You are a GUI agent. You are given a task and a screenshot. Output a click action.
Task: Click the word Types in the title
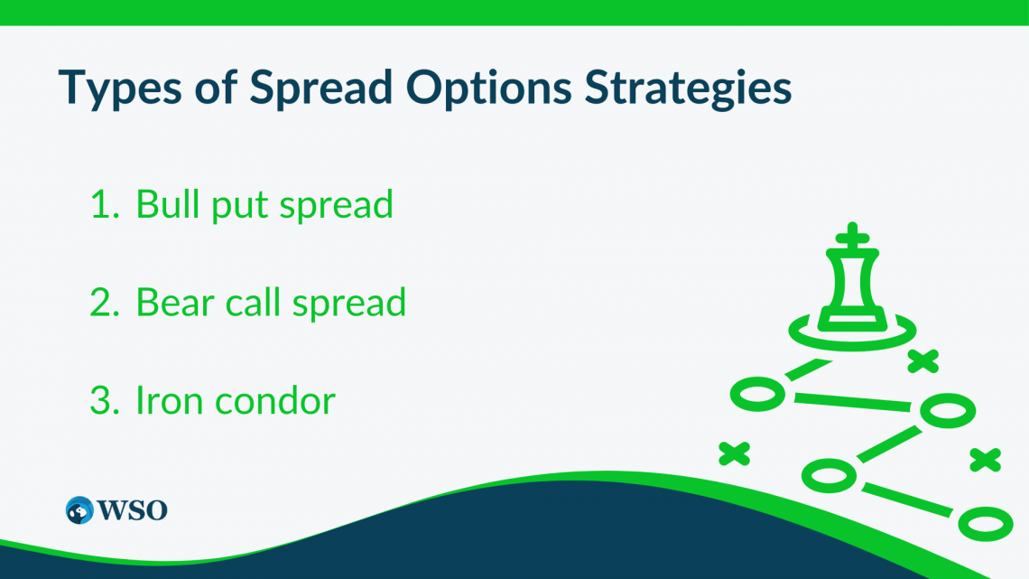pyautogui.click(x=119, y=89)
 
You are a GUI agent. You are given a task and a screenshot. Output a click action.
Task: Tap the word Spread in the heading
pyautogui.click(x=321, y=89)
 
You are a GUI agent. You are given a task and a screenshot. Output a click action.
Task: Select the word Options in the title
pyautogui.click(x=489, y=89)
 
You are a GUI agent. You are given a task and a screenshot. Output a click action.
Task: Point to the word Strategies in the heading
pyautogui.click(x=689, y=89)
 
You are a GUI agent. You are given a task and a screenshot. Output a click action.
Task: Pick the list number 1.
pyautogui.click(x=105, y=204)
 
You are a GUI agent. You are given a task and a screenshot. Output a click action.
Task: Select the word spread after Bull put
pyautogui.click(x=336, y=208)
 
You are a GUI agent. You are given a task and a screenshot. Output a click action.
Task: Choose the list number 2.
pyautogui.click(x=105, y=303)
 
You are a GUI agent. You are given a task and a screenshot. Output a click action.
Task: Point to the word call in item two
pyautogui.click(x=253, y=303)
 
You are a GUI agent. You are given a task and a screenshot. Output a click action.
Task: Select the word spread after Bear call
pyautogui.click(x=349, y=306)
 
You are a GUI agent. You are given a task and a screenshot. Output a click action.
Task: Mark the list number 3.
pyautogui.click(x=105, y=401)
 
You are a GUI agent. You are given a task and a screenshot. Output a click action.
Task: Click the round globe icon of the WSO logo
pyautogui.click(x=79, y=510)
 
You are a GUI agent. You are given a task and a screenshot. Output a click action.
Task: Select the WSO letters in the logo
pyautogui.click(x=133, y=510)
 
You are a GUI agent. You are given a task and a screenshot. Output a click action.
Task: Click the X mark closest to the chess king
pyautogui.click(x=923, y=361)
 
